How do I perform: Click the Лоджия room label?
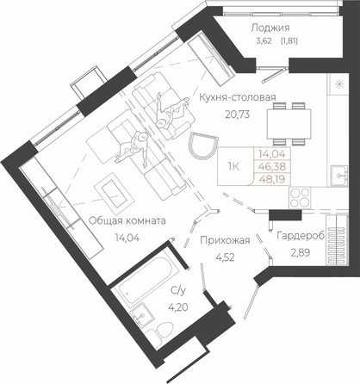coord(270,28)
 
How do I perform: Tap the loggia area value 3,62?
coord(264,41)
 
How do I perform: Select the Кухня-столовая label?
coord(238,97)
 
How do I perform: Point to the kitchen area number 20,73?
coord(238,115)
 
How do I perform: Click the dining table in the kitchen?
coord(289,124)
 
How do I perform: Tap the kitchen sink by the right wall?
coord(338,176)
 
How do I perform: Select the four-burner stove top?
coord(300,197)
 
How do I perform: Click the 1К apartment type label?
coord(233,166)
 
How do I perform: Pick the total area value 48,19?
coord(272,179)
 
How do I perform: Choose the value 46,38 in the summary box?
coord(272,166)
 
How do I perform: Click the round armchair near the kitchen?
coord(202,145)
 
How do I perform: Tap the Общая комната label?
coord(127,220)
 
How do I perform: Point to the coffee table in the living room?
coord(114,190)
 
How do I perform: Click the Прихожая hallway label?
coord(225,240)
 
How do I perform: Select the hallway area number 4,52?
coord(225,257)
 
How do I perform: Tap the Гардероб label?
coord(301,236)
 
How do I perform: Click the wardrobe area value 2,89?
coord(301,253)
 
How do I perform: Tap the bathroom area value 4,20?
coord(178,307)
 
